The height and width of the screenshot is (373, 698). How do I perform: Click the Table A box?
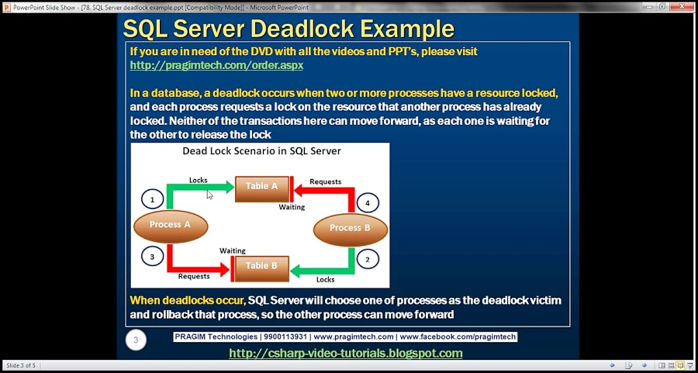(x=262, y=189)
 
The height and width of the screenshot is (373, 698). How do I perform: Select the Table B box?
(x=262, y=268)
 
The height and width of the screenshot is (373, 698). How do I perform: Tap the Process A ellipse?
(x=171, y=226)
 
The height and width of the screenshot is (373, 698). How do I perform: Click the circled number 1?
(x=153, y=200)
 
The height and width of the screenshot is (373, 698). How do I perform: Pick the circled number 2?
(x=368, y=260)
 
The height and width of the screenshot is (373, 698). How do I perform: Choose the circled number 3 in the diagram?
(x=152, y=257)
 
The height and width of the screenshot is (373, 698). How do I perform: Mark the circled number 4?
(x=368, y=203)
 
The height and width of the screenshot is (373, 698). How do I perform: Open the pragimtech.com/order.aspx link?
(x=216, y=65)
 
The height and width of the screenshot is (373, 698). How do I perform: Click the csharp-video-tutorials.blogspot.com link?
(x=346, y=354)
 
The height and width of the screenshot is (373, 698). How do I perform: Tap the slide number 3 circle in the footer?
(x=136, y=340)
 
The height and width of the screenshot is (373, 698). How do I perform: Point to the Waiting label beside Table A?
(x=292, y=207)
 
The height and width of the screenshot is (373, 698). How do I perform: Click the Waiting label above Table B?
(x=233, y=251)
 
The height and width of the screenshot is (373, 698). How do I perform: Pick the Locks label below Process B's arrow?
(x=326, y=279)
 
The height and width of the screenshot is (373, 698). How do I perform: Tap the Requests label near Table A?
(x=326, y=181)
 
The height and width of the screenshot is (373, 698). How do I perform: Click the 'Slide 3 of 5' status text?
(x=21, y=365)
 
